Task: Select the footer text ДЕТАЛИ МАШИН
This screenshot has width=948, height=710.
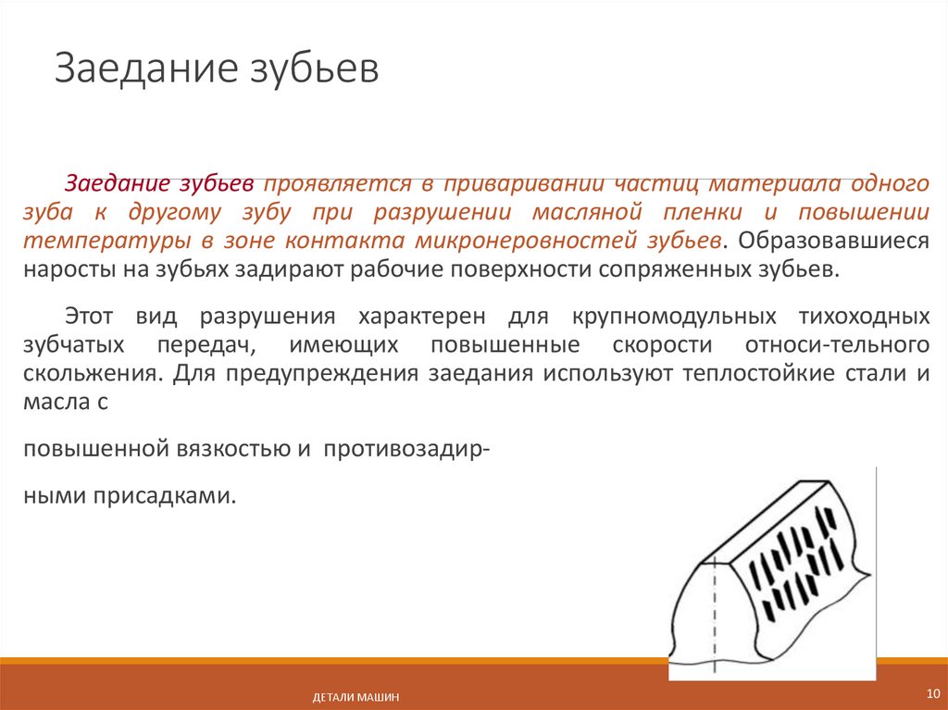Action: [355, 697]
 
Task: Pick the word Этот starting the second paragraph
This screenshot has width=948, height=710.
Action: [91, 317]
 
